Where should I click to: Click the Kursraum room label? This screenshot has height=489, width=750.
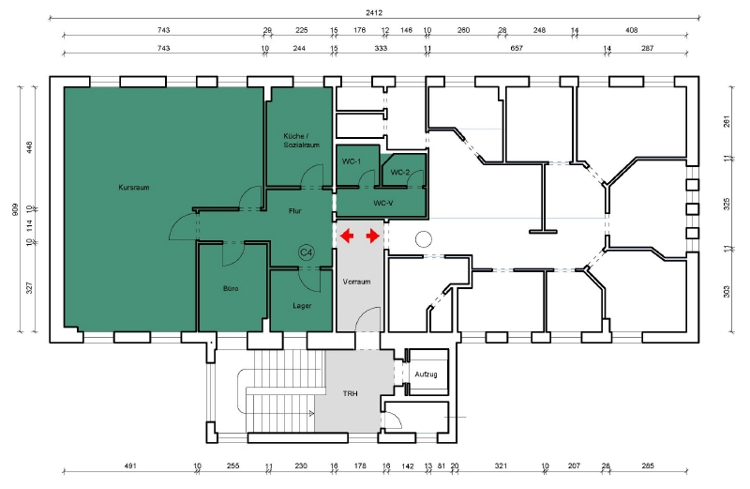[134, 188]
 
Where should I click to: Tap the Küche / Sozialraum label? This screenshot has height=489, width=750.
[301, 141]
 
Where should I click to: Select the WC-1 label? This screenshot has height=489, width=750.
[352, 161]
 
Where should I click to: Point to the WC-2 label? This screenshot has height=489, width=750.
[400, 173]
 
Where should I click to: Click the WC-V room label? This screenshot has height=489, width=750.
[383, 203]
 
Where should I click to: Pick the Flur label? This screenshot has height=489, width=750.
[295, 211]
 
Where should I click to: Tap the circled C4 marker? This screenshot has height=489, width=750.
[307, 252]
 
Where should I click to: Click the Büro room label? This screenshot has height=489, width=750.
[231, 288]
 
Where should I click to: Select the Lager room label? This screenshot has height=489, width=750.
[302, 306]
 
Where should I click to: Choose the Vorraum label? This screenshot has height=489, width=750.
[357, 282]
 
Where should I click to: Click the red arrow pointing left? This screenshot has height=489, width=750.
[347, 236]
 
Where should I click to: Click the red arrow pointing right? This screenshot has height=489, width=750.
[373, 236]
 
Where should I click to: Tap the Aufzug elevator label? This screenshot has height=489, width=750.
[426, 374]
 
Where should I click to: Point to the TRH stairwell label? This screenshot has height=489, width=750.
[350, 393]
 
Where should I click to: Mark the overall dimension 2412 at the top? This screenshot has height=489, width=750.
[374, 13]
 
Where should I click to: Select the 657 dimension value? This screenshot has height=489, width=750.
[517, 48]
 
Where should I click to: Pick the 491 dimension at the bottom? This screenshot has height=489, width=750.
[130, 466]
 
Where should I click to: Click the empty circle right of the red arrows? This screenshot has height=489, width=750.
[424, 238]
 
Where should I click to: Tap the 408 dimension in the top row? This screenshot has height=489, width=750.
[631, 30]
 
